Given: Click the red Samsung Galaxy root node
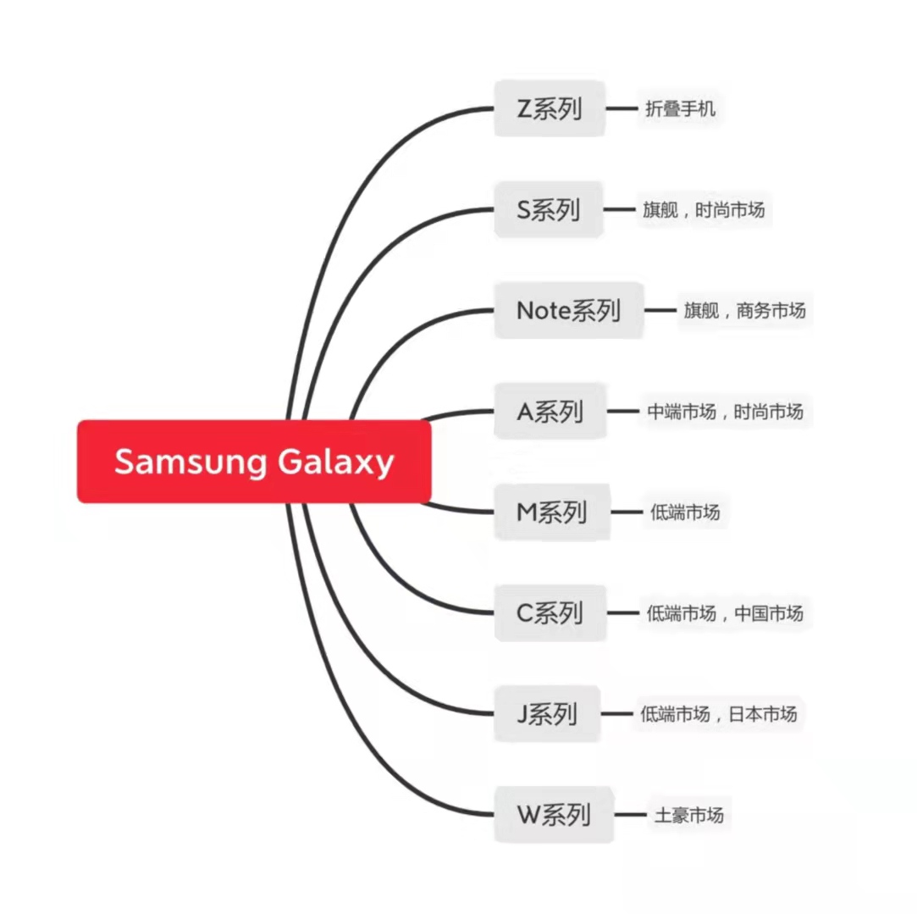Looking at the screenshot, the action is click(254, 461).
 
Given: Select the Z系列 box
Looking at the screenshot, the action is click(550, 108).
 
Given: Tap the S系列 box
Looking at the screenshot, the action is click(548, 209).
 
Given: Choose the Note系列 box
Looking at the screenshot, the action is click(568, 310).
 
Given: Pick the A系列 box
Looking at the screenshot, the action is click(550, 412).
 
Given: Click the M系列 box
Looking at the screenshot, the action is click(551, 512).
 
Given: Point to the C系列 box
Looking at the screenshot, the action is click(550, 612).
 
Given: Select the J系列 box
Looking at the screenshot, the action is click(547, 714).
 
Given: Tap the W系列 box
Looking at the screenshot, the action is click(553, 815).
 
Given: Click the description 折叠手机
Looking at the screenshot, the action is click(680, 108).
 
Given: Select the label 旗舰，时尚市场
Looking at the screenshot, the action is click(704, 209).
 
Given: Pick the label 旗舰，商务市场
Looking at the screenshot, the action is click(744, 310).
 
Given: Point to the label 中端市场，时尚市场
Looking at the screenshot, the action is click(725, 412).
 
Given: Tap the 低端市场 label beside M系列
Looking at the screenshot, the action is click(685, 512).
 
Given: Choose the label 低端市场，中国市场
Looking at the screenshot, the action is click(725, 613).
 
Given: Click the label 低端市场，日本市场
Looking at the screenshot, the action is click(719, 714).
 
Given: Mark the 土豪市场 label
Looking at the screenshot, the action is click(689, 815).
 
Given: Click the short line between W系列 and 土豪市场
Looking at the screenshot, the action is click(631, 815).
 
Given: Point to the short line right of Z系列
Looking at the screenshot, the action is click(621, 108).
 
